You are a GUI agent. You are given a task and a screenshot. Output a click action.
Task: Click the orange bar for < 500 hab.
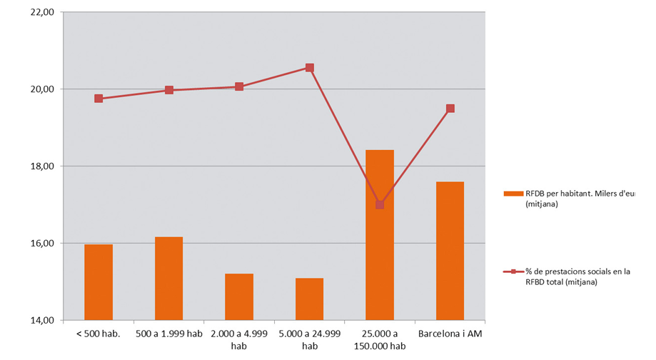[99, 282]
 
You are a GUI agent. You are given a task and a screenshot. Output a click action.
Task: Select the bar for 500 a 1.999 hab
[168, 279]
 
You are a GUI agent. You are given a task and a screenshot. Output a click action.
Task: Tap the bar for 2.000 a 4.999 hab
[239, 296]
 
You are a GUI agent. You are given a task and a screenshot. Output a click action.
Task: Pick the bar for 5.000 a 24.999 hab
[309, 299]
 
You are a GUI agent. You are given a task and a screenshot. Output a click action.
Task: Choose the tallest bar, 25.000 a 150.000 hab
[380, 235]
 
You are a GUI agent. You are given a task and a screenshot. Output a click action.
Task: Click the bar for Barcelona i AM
[450, 251]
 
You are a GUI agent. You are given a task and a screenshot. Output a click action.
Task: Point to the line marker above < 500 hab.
[99, 99]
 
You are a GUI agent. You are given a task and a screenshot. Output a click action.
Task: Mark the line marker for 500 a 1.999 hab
[169, 90]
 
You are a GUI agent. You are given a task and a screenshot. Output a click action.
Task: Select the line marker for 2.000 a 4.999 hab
[239, 86]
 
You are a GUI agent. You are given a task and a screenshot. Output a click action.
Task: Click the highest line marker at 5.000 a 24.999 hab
[310, 68]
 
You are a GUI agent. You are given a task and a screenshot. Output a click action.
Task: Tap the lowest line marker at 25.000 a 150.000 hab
[380, 205]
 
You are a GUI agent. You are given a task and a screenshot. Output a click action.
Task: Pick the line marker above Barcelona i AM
[450, 109]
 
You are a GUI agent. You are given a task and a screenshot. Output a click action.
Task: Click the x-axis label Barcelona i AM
[450, 334]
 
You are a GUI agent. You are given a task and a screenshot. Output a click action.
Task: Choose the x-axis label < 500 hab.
[99, 334]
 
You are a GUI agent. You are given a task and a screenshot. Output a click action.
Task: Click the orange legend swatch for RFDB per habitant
[513, 194]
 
